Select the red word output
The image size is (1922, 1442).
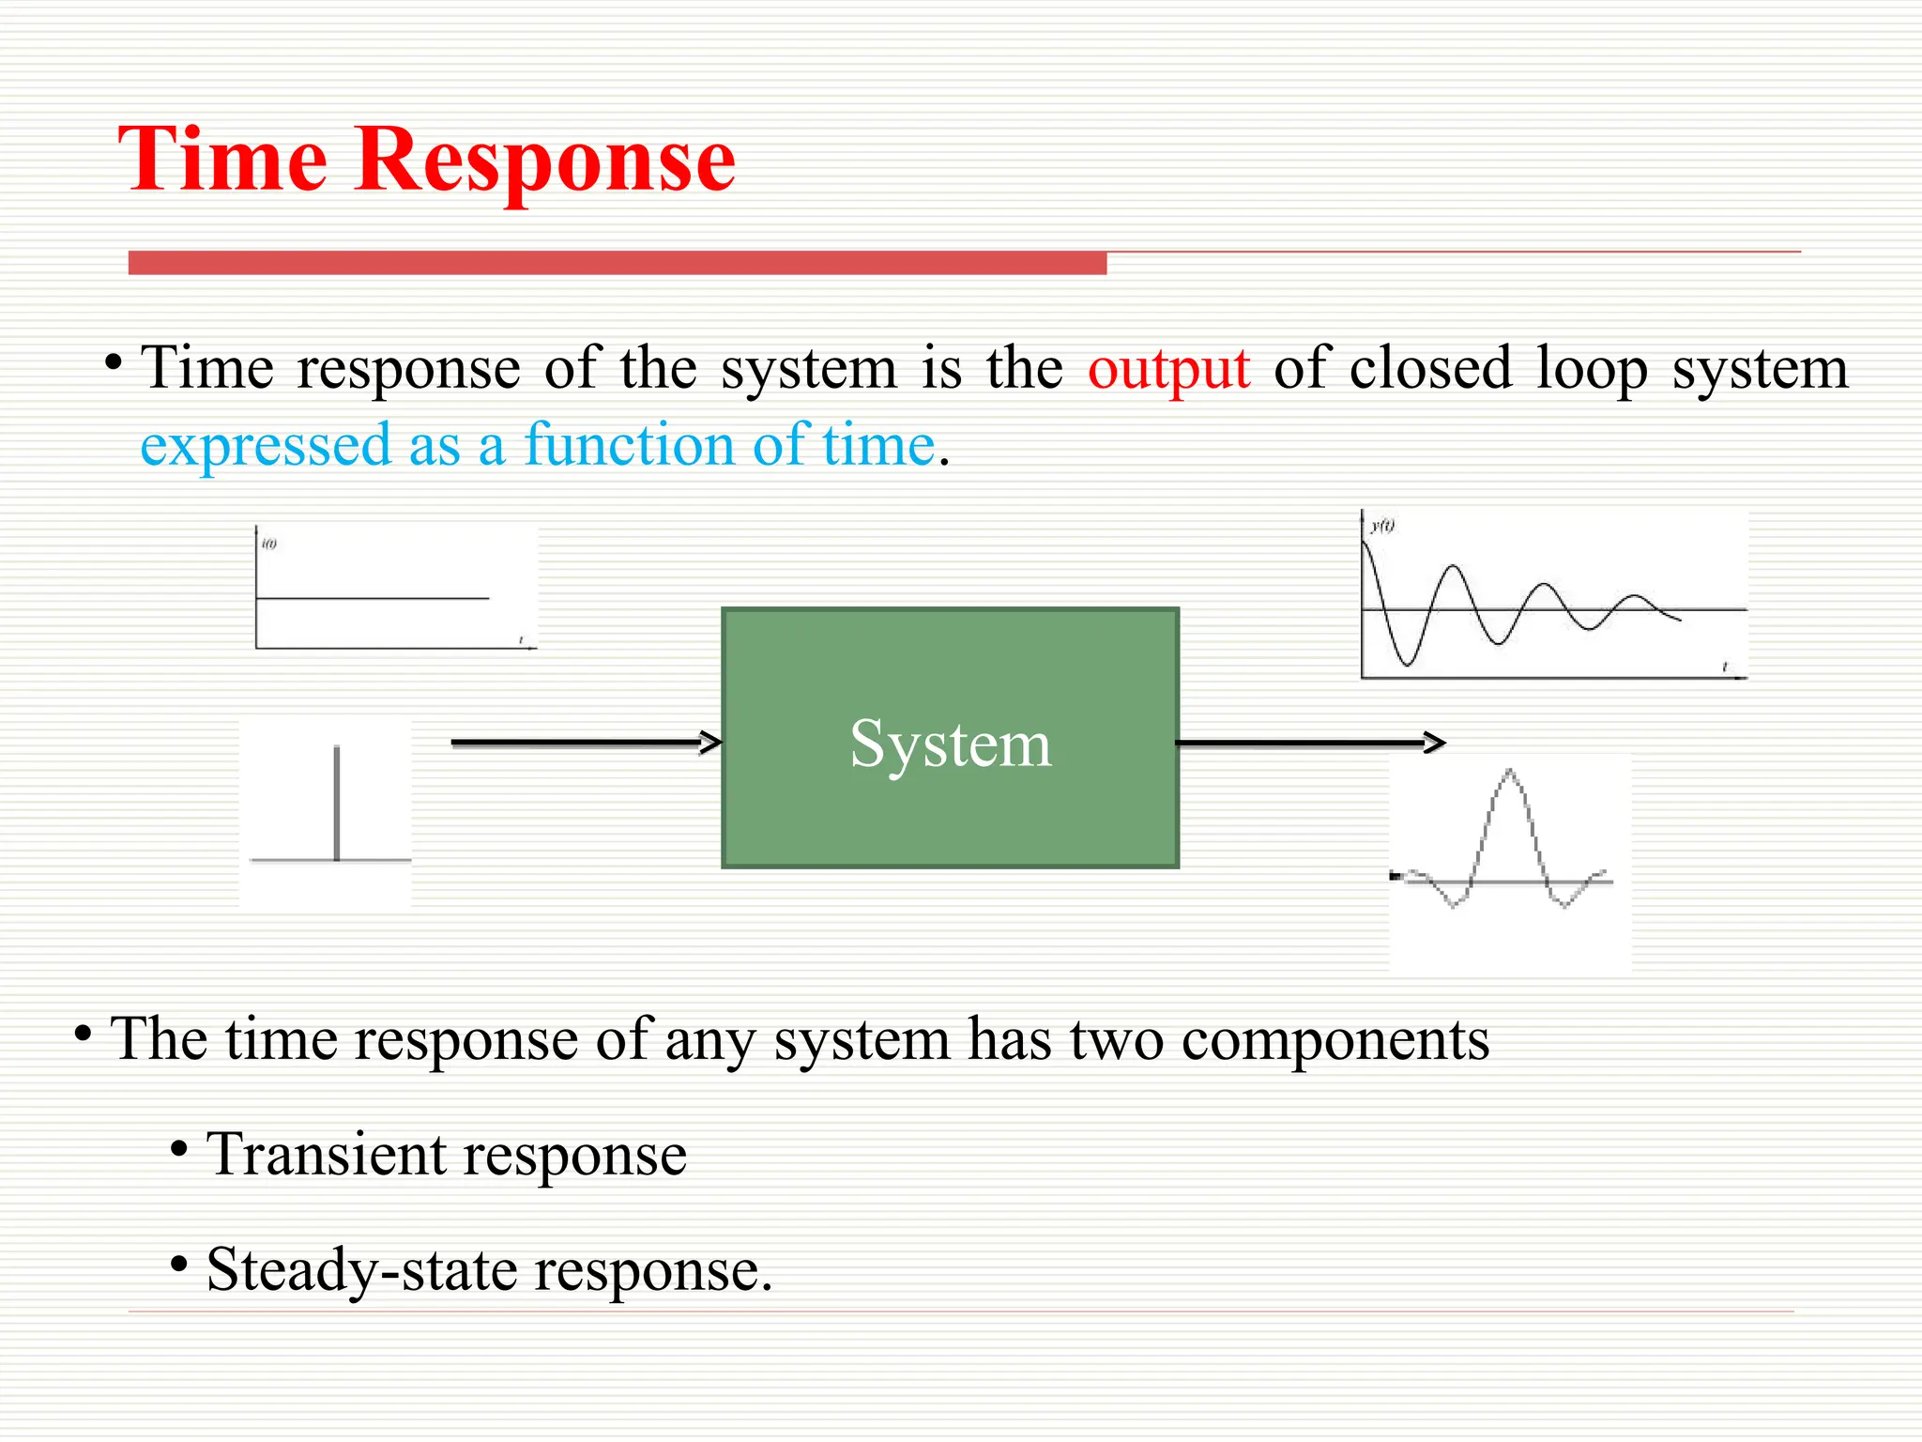[x=1168, y=368]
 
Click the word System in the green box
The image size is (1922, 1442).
[x=950, y=744]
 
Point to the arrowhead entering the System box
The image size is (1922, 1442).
[x=711, y=743]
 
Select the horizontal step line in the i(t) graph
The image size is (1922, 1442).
[x=372, y=598]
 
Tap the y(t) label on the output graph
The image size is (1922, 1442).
[x=1382, y=526]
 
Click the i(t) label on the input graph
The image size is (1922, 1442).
[x=269, y=544]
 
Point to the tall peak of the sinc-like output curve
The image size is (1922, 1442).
[x=1509, y=774]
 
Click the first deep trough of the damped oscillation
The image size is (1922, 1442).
[x=1407, y=663]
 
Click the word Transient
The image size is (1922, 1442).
[x=326, y=1154]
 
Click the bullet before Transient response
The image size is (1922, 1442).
[x=179, y=1148]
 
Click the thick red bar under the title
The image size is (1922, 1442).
[x=617, y=263]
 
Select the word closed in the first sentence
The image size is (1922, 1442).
[x=1430, y=368]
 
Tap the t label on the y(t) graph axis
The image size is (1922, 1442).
[x=1724, y=667]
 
